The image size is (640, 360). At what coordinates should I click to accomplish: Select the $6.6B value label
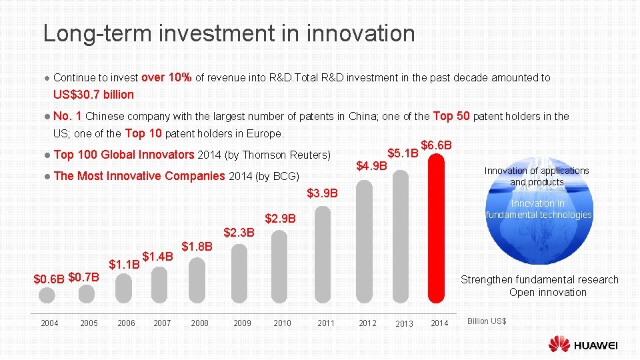(x=437, y=145)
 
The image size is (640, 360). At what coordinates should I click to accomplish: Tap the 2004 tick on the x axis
(x=49, y=323)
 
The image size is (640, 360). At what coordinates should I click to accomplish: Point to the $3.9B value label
(x=323, y=194)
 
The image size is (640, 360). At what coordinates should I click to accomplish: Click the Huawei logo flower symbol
(x=559, y=344)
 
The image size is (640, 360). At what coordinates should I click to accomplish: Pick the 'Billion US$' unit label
(x=487, y=322)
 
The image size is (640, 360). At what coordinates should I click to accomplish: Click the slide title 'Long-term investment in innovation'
(x=229, y=33)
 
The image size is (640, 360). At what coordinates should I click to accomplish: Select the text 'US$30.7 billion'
(x=93, y=95)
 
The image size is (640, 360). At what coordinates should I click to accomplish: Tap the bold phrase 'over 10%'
(x=167, y=77)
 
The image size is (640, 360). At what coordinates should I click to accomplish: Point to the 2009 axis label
(x=242, y=323)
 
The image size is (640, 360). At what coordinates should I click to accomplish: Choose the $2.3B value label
(x=239, y=233)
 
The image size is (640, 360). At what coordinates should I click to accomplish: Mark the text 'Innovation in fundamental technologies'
(x=539, y=209)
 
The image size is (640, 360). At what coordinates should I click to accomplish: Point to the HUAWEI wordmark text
(x=595, y=345)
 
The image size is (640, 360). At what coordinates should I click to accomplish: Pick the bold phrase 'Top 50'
(x=453, y=116)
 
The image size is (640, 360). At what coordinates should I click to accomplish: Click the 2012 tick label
(x=367, y=323)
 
